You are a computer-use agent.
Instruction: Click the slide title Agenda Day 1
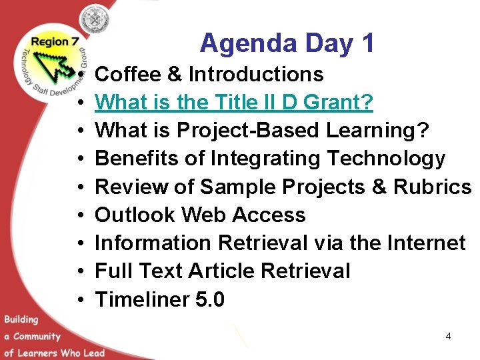click(287, 43)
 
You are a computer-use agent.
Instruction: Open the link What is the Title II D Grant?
click(234, 102)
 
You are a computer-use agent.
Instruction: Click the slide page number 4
click(448, 336)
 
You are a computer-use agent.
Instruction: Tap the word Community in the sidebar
click(37, 336)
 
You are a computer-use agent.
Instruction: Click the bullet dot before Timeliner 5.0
click(79, 301)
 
